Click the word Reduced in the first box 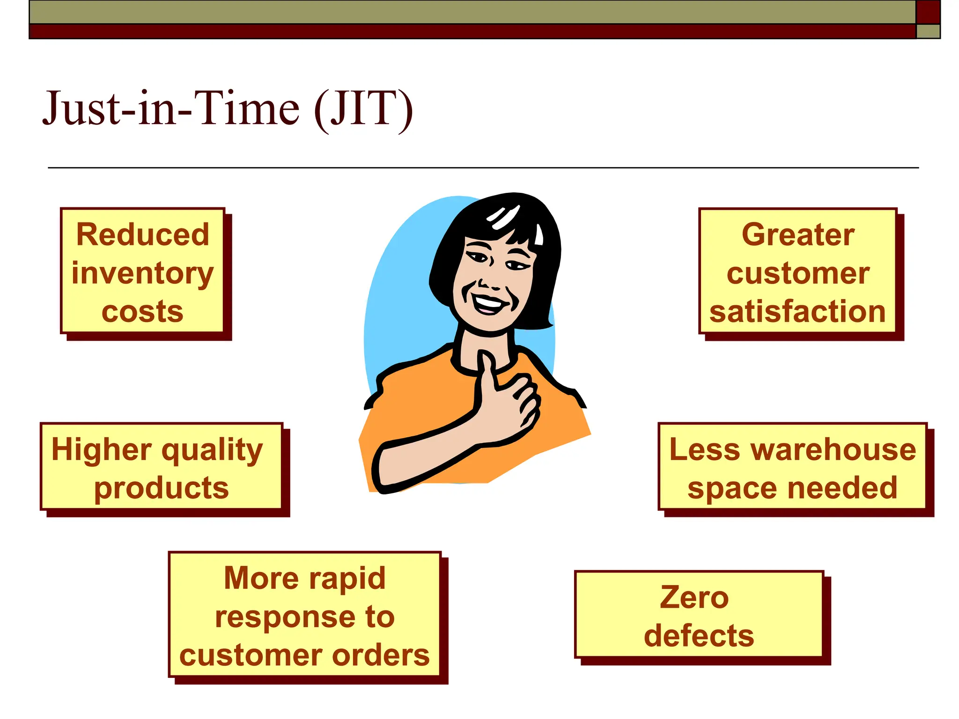(142, 235)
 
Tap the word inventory (142, 273)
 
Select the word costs (142, 312)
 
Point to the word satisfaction (797, 312)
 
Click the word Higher (101, 449)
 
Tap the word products (162, 488)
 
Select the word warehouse (833, 449)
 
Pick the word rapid (347, 579)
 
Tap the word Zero (694, 598)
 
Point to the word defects (699, 636)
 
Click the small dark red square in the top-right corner (928, 12)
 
